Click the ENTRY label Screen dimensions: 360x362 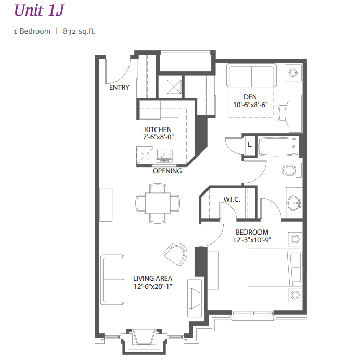[119, 88]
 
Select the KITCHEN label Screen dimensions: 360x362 [158, 130]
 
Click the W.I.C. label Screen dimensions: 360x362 [231, 199]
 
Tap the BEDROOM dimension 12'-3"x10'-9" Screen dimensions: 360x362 [252, 240]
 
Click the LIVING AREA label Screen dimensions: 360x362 [152, 278]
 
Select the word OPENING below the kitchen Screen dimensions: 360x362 [167, 171]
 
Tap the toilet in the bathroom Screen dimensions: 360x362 [291, 170]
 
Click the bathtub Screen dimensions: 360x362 [279, 147]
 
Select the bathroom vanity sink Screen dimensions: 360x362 [294, 201]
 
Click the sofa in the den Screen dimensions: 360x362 [252, 78]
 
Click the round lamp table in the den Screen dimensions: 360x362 [293, 73]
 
